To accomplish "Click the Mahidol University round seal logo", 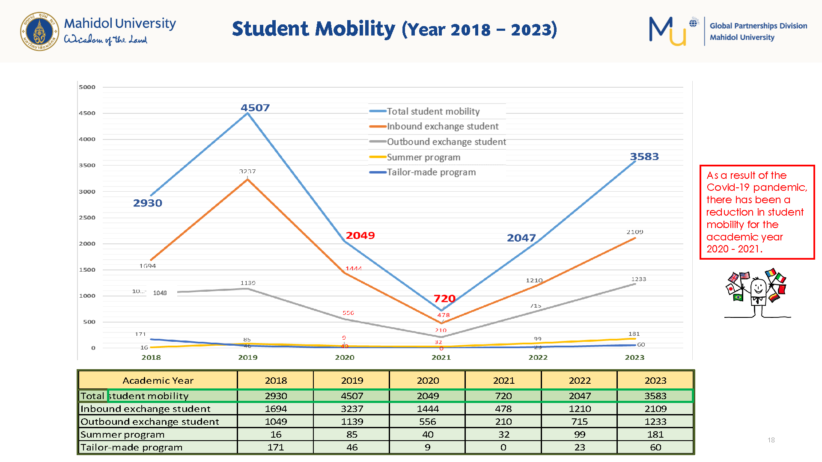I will (39, 31).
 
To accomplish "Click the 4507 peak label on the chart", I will (255, 108).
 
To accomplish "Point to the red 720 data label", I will (444, 299).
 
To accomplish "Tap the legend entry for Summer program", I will (423, 157).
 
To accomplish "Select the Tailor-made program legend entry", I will (431, 172).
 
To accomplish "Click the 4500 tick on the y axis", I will (87, 113).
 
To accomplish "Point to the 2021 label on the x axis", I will (441, 358).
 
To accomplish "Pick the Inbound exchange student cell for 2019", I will (352, 409).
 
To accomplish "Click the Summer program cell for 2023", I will (655, 435).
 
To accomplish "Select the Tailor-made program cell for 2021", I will (503, 447).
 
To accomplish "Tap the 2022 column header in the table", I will (579, 381).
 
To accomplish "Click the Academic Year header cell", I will (158, 381).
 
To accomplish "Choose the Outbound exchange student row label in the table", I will (150, 422).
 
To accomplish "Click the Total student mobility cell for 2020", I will (428, 396).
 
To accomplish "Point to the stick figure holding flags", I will (756, 293).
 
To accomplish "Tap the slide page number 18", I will (771, 440).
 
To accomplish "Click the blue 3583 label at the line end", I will (644, 157).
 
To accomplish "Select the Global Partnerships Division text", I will (758, 26).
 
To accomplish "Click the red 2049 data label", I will (360, 235).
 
